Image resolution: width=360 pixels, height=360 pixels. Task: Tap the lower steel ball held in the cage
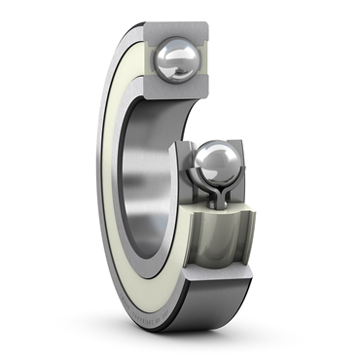point(216,162)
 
